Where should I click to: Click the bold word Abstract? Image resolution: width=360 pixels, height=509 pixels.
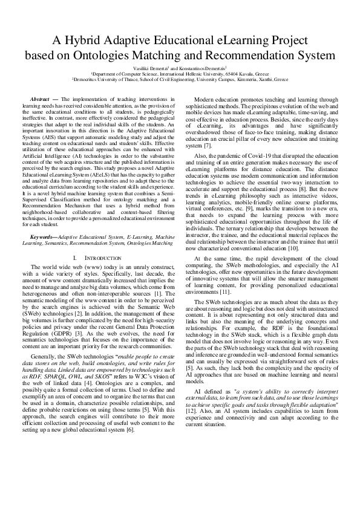[x=40, y=97]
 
